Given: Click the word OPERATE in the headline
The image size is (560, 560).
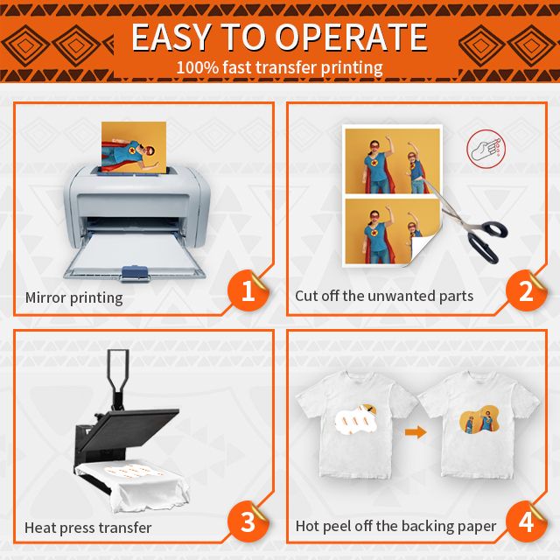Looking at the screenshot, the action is (x=351, y=37).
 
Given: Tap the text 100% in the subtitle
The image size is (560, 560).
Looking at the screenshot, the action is (x=198, y=67).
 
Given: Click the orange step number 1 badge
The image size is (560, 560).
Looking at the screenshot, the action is (x=248, y=290).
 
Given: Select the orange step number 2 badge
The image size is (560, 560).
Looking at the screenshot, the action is (x=526, y=290).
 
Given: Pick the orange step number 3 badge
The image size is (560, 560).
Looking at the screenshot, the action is (x=248, y=521).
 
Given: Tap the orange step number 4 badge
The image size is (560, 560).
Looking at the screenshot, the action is (x=526, y=521).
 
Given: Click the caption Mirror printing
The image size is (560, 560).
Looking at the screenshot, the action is (x=73, y=297).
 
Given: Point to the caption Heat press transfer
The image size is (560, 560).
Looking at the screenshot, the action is (x=87, y=528).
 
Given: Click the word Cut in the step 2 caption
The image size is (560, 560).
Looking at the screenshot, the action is (x=306, y=296).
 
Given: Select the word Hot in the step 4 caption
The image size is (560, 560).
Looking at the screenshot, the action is (x=307, y=526).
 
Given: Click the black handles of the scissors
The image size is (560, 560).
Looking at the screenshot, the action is (x=488, y=240).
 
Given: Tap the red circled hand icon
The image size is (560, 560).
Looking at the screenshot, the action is (x=486, y=149).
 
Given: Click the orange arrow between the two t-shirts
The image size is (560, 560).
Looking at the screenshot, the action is (x=416, y=432).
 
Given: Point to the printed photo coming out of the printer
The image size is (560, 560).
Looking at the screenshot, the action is (x=134, y=147).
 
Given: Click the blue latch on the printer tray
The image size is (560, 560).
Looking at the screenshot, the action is (x=135, y=272).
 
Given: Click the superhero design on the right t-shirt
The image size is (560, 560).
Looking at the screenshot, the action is (x=479, y=420).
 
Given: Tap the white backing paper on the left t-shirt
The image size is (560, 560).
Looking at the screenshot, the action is (x=356, y=418).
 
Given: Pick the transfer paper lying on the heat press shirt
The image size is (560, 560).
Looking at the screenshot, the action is (x=135, y=472).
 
